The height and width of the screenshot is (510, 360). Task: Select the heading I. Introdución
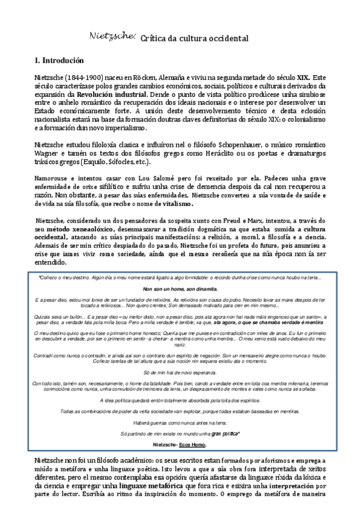pyautogui.click(x=59, y=61)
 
